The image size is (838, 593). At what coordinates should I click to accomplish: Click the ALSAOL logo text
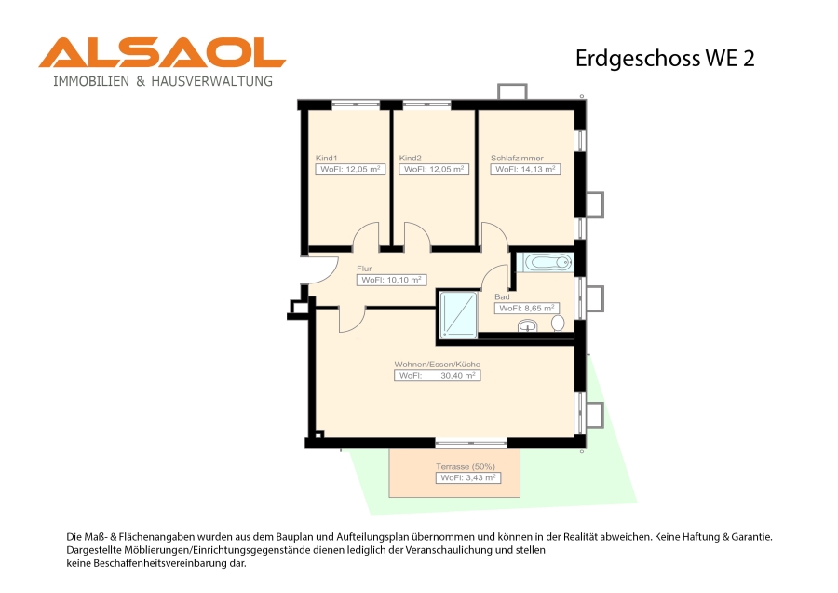pos(162,52)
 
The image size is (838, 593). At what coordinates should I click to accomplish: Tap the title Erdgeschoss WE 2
pos(665,59)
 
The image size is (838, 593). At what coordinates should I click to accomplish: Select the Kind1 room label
pos(327,158)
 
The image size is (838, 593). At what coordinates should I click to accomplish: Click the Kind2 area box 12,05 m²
pos(434,169)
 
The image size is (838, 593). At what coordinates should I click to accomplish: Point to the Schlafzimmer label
pos(517,158)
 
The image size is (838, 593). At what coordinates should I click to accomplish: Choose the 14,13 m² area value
pos(538,169)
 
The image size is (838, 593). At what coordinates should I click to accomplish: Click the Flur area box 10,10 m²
pos(391,280)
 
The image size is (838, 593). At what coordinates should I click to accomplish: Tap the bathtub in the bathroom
pos(548,262)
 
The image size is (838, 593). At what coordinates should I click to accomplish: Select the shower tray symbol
pos(458,315)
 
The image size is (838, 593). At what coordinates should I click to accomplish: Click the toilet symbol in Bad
pos(558,324)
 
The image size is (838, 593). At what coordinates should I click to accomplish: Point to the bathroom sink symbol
pos(528,325)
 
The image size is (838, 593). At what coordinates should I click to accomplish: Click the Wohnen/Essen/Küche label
pos(438,364)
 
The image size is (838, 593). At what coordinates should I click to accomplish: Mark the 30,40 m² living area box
pos(438,376)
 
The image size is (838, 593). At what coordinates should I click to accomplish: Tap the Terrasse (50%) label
pos(465,467)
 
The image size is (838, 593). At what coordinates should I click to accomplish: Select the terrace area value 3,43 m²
pos(468,478)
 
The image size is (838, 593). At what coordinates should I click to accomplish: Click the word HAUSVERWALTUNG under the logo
pos(212,81)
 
